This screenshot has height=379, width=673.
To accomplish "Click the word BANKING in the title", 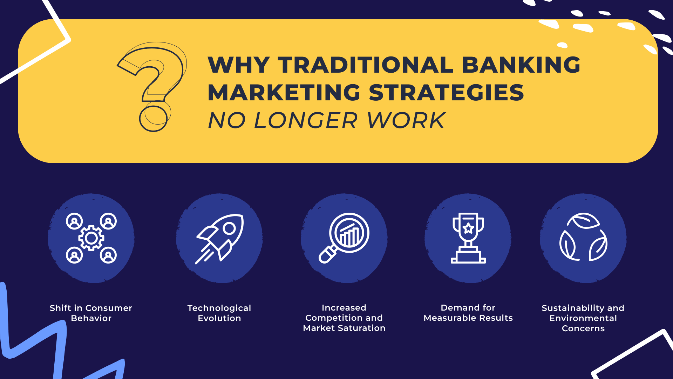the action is [x=521, y=65].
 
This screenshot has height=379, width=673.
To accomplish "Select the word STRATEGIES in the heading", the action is [x=446, y=93].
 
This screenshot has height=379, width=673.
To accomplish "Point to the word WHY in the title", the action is [x=239, y=65].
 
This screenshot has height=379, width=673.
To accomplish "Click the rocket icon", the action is [x=219, y=239].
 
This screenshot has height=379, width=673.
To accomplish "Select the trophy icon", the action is [x=468, y=238].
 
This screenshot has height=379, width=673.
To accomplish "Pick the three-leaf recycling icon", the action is [x=583, y=237].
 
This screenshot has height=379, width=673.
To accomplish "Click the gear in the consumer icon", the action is [x=91, y=238].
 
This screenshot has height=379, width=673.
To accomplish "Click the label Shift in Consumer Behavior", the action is [x=91, y=313].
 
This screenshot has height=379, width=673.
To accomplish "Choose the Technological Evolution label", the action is [x=219, y=313].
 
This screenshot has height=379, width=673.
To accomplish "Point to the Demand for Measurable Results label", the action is [x=468, y=313].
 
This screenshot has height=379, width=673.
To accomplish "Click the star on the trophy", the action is [x=468, y=228].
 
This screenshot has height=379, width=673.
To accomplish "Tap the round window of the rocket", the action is [x=229, y=229].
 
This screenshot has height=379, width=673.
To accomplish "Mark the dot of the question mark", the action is [x=153, y=117].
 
